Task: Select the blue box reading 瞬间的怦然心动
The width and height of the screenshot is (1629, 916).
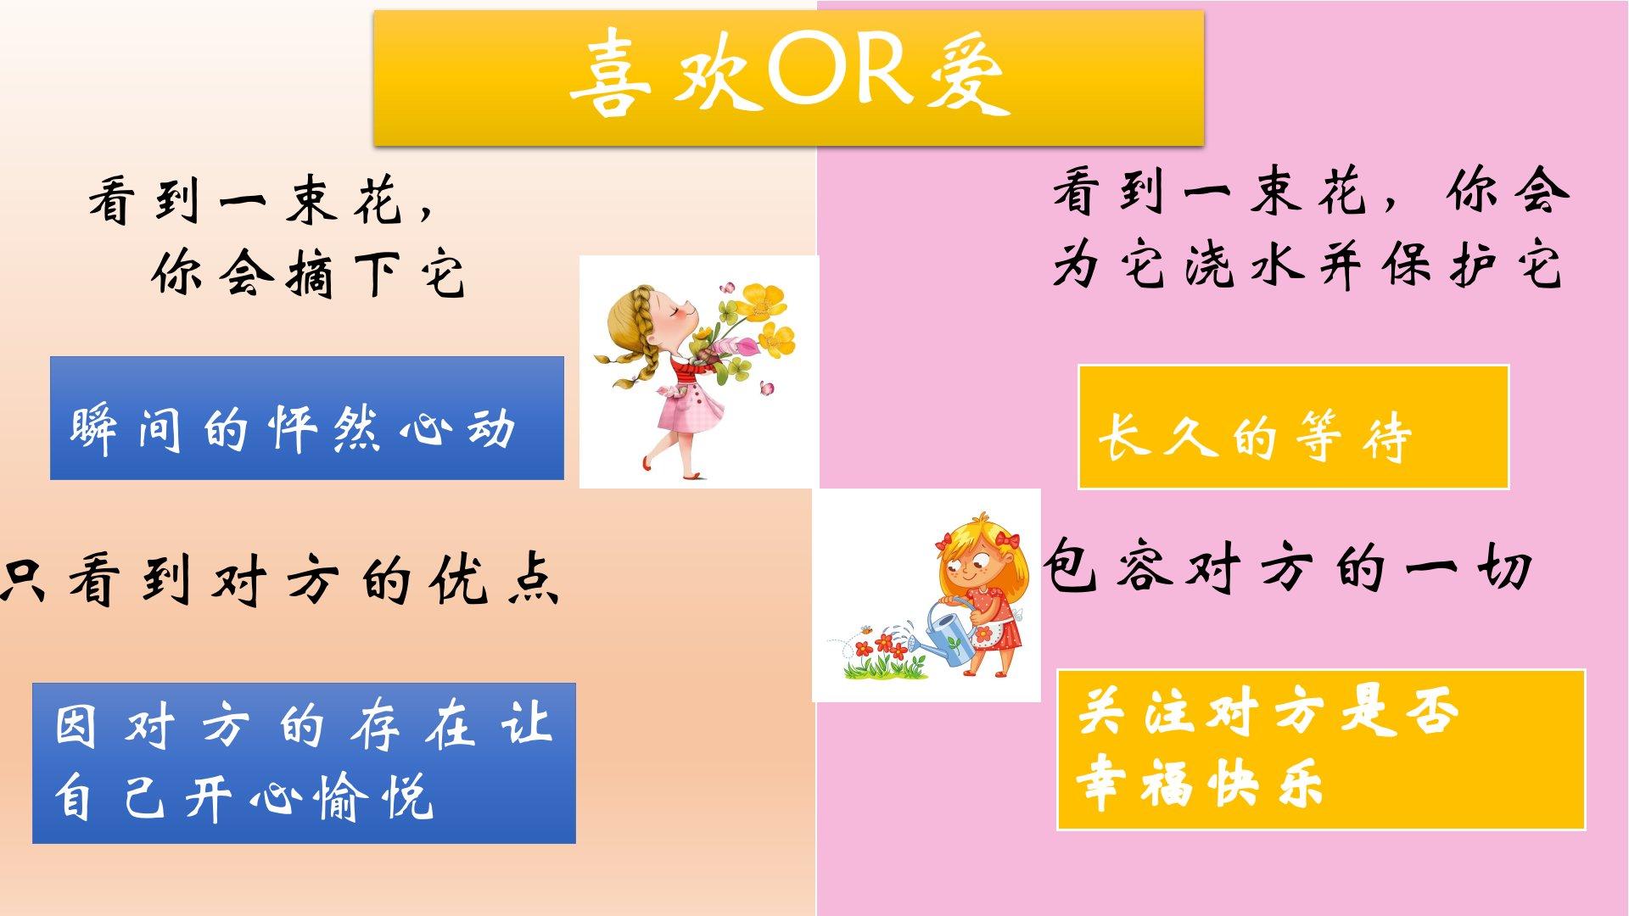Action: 307,418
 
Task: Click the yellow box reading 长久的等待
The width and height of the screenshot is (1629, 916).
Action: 1293,427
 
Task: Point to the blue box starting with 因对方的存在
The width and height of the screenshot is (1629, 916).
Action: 304,762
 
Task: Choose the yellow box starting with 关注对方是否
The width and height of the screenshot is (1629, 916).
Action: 1321,750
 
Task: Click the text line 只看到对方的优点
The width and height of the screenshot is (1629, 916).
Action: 280,582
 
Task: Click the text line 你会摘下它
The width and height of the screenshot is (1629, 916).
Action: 309,273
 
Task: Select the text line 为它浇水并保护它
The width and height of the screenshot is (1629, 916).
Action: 1307,265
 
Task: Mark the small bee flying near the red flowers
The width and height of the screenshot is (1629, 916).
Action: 865,631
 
